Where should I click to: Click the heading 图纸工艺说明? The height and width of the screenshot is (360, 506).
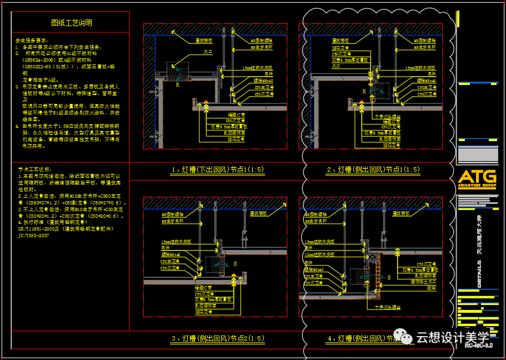(72, 23)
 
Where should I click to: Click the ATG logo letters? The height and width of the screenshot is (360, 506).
(477, 177)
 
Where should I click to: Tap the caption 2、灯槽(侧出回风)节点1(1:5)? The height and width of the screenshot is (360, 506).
(373, 169)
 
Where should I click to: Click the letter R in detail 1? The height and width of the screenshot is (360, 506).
(177, 86)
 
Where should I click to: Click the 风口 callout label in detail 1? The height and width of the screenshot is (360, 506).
(208, 52)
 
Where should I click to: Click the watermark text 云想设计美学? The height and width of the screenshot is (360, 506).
(452, 337)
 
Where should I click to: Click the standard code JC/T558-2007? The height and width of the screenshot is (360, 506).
(33, 236)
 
